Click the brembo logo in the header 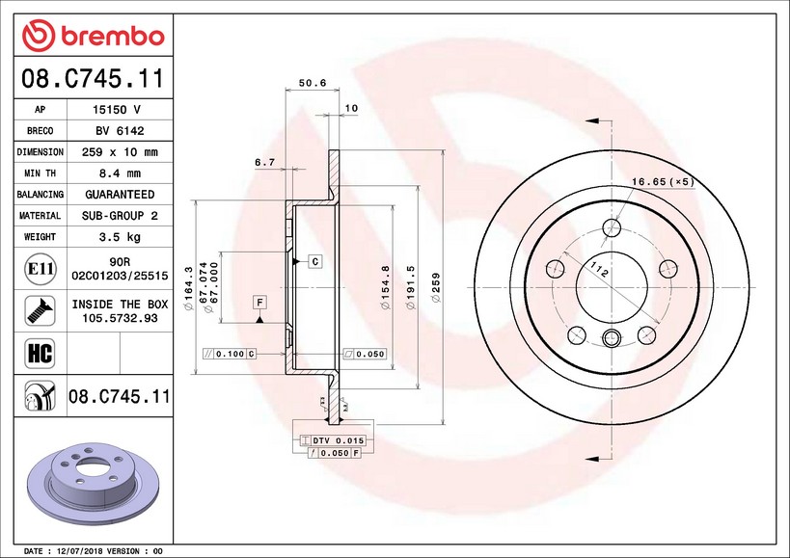pos(94,36)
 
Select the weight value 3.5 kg pos(120,237)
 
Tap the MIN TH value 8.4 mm pos(120,173)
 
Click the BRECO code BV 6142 pos(120,131)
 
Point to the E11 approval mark pos(41,269)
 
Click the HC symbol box pos(40,354)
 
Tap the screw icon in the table pos(40,310)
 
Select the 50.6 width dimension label pos(313,83)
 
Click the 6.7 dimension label pos(264,162)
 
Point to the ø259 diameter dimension pos(436,287)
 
